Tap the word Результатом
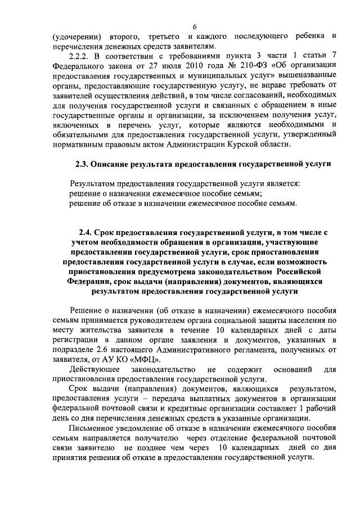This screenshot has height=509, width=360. coord(95,184)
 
